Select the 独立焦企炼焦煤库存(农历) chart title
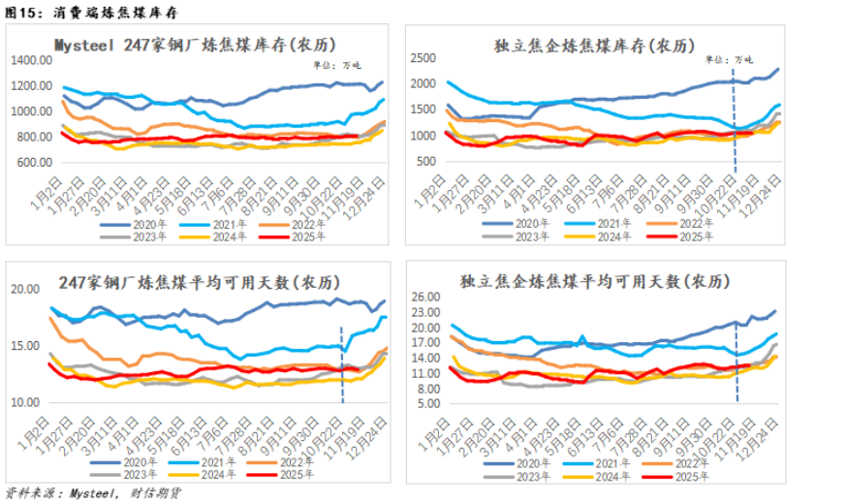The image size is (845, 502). (593, 45)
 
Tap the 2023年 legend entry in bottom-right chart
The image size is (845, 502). (526, 478)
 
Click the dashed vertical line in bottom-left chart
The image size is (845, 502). (341, 363)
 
